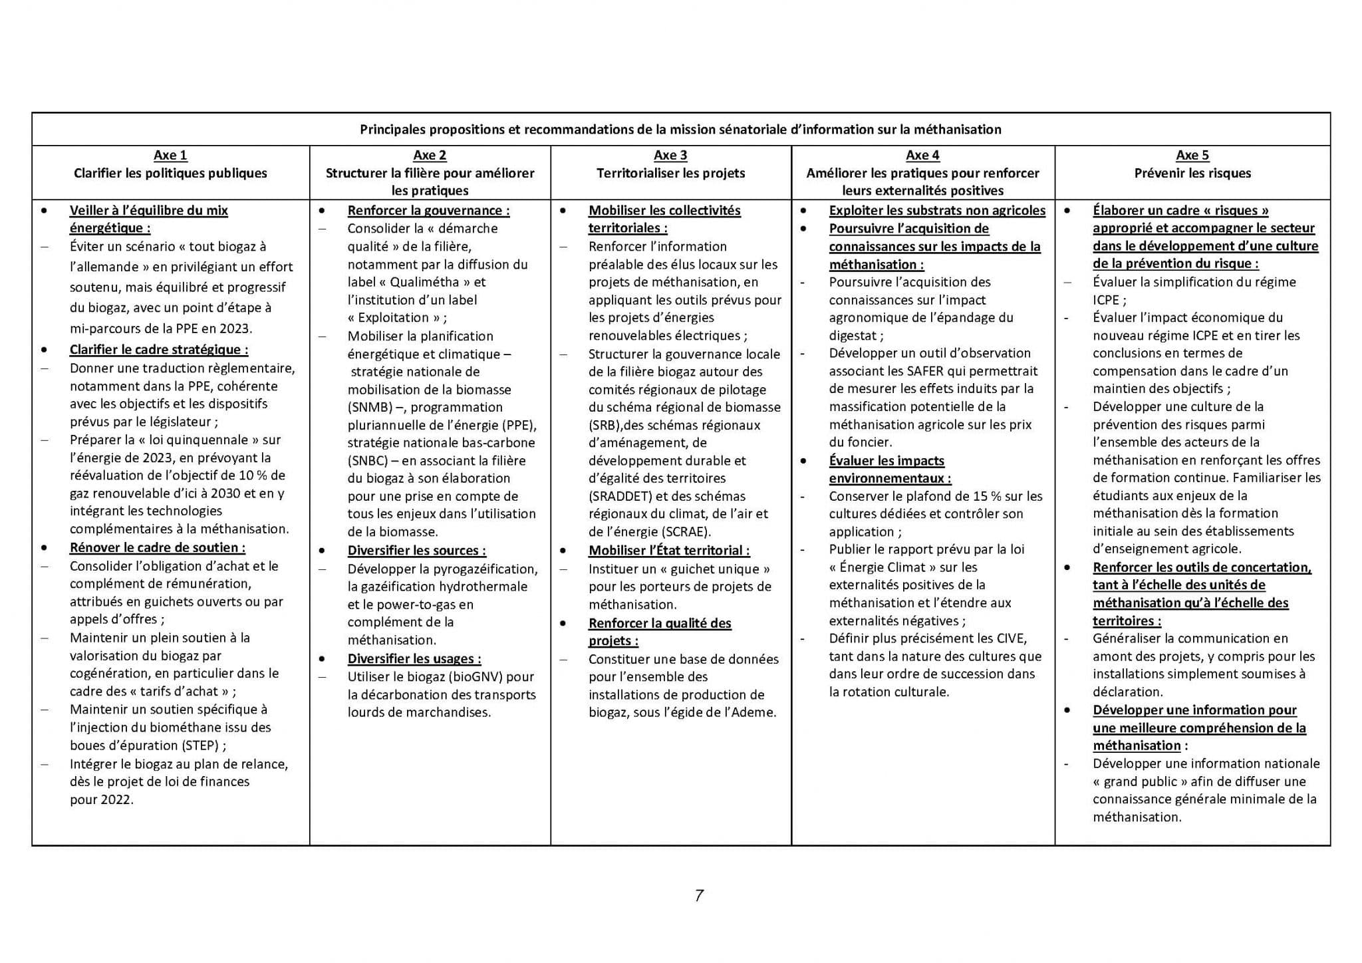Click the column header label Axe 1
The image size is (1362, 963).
tap(170, 156)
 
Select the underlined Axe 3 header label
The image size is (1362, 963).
tap(670, 156)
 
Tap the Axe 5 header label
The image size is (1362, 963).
tap(1192, 156)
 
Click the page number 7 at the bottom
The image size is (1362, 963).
tap(699, 896)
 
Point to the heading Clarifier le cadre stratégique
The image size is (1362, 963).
tap(158, 350)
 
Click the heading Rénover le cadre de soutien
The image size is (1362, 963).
tap(157, 548)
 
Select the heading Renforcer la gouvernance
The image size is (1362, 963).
tap(428, 211)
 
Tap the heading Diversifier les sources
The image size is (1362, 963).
tap(416, 551)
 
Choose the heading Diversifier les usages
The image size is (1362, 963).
tap(414, 659)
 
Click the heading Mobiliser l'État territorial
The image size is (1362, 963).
tap(668, 551)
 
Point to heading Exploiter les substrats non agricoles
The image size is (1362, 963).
tap(937, 211)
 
